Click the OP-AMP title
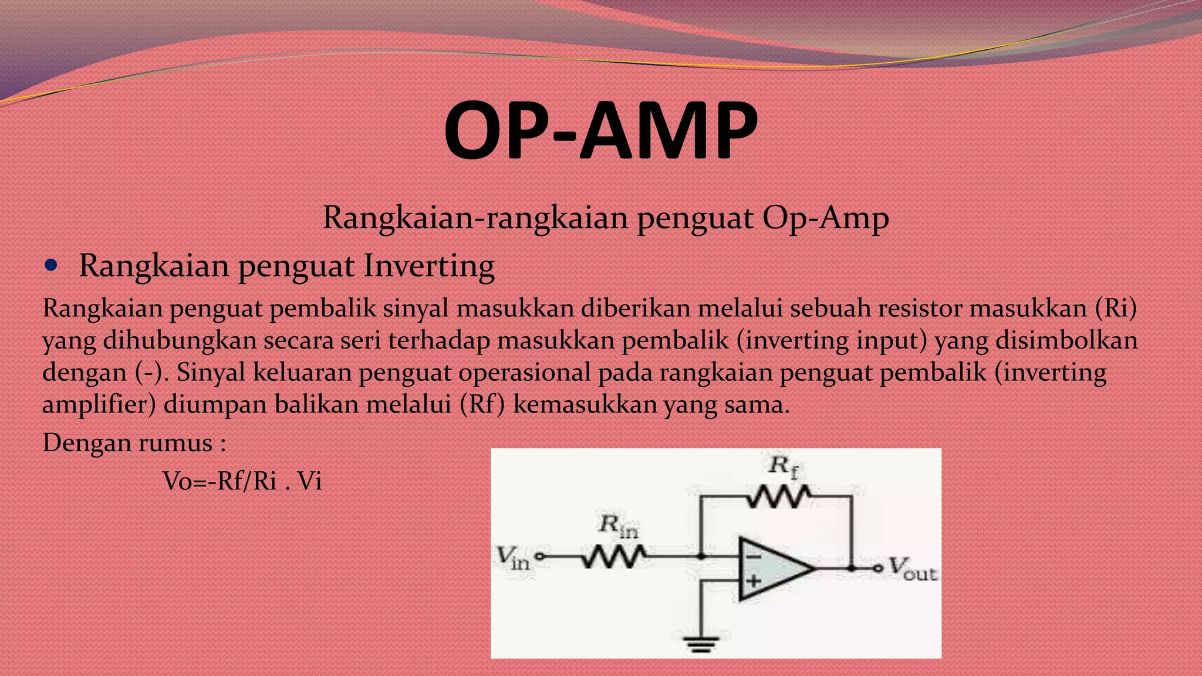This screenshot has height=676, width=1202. pyautogui.click(x=600, y=130)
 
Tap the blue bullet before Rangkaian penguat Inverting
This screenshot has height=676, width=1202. pyautogui.click(x=52, y=265)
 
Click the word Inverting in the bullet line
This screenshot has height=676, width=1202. pyautogui.click(x=428, y=266)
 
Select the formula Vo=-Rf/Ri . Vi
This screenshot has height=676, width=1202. pyautogui.click(x=242, y=481)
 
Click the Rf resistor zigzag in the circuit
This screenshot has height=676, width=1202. pyautogui.click(x=779, y=497)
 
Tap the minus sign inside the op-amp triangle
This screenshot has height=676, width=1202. pyautogui.click(x=754, y=556)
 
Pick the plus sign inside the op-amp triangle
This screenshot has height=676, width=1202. pyautogui.click(x=754, y=581)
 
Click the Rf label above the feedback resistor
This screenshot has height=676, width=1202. pyautogui.click(x=784, y=467)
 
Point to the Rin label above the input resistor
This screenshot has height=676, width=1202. pyautogui.click(x=618, y=525)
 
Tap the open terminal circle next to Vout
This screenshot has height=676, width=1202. pyautogui.click(x=878, y=568)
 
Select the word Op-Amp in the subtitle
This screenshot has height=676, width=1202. pyautogui.click(x=825, y=218)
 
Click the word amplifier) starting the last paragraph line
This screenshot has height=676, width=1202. pyautogui.click(x=99, y=404)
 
